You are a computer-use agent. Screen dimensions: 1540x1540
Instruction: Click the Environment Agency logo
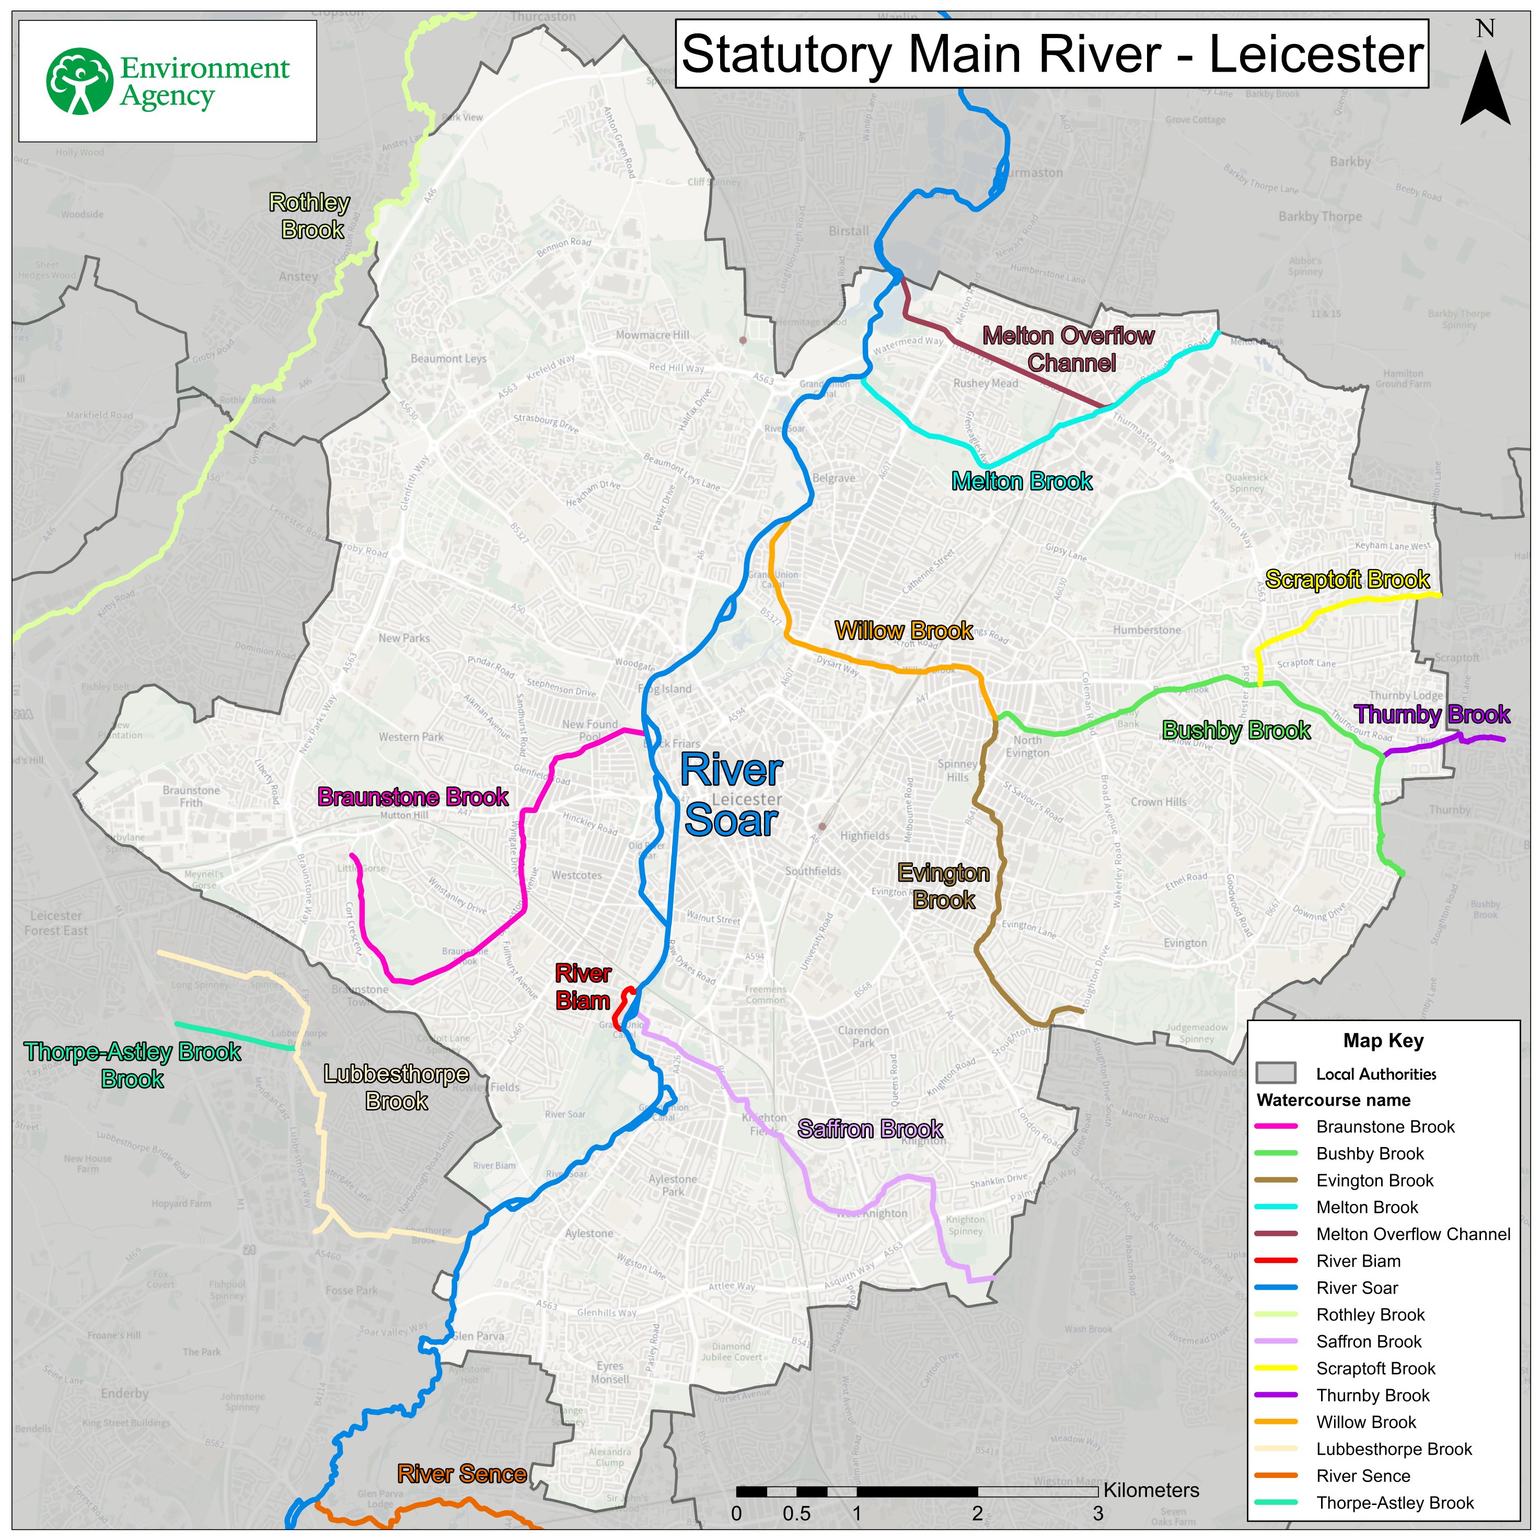tap(167, 82)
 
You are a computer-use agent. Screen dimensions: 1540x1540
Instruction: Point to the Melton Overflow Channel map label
tap(1069, 349)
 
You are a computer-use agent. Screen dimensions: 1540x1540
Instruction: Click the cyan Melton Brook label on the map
tap(1022, 481)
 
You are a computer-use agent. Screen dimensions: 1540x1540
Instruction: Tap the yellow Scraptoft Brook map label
tap(1347, 580)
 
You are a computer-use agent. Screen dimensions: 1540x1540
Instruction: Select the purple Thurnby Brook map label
tap(1432, 714)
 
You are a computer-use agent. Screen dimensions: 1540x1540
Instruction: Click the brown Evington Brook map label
tap(944, 886)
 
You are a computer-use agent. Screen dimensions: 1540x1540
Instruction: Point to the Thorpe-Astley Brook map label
tap(132, 1065)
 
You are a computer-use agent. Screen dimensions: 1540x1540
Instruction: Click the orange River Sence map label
tap(461, 1474)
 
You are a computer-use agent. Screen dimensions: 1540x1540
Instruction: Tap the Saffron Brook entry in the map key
tap(1368, 1341)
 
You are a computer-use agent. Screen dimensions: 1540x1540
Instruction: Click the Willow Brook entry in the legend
tap(1365, 1422)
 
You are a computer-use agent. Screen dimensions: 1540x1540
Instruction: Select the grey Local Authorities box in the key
tap(1276, 1073)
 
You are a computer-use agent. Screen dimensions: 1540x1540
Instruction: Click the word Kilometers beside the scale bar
tap(1151, 1490)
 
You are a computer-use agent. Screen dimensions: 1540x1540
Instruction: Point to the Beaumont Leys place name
tap(448, 358)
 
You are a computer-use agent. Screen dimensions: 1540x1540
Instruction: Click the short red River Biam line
tap(624, 1009)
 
